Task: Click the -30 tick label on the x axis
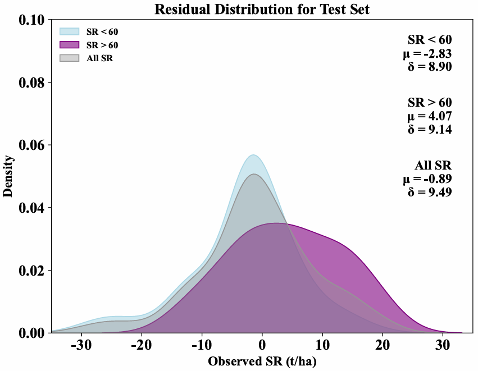[81, 345]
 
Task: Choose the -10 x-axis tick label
[201, 345]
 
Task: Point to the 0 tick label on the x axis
[262, 345]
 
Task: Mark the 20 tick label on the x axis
[382, 345]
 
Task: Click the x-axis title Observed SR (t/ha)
[262, 361]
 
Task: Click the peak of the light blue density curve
[254, 155]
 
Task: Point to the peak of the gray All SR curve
[254, 174]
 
